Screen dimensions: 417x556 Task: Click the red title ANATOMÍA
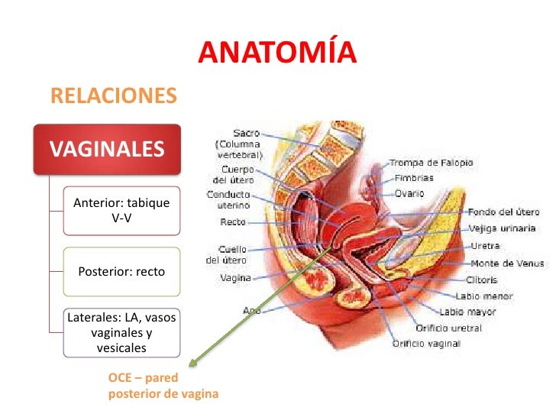click(278, 52)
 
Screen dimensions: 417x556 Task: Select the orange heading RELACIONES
click(113, 95)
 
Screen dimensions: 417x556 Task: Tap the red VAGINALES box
click(107, 147)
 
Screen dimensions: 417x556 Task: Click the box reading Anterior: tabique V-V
click(121, 210)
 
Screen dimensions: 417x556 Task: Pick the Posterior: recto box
click(121, 271)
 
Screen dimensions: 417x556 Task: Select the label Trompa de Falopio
click(432, 163)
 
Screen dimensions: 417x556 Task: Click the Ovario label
click(410, 193)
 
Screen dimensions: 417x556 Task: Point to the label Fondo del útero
click(503, 212)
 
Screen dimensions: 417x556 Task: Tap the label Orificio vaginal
click(427, 344)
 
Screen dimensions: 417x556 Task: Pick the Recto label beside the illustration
click(232, 222)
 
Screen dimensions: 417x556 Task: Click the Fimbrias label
click(414, 178)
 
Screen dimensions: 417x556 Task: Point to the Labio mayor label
click(467, 312)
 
